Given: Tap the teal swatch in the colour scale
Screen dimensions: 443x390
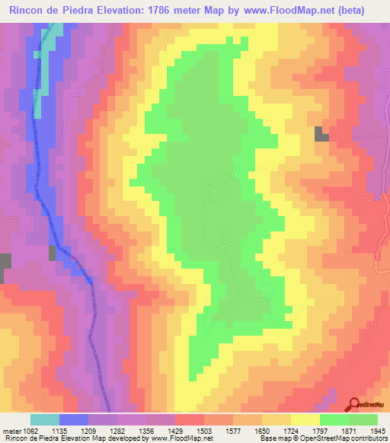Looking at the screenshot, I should pos(45,419).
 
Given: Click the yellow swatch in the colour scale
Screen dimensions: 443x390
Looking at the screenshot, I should pos(305,419).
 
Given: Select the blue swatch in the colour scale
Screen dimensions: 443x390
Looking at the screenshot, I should pos(74,419).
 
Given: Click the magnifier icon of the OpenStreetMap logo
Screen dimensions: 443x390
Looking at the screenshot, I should pos(354,403).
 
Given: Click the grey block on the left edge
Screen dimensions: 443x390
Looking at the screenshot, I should pos(5,267).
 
